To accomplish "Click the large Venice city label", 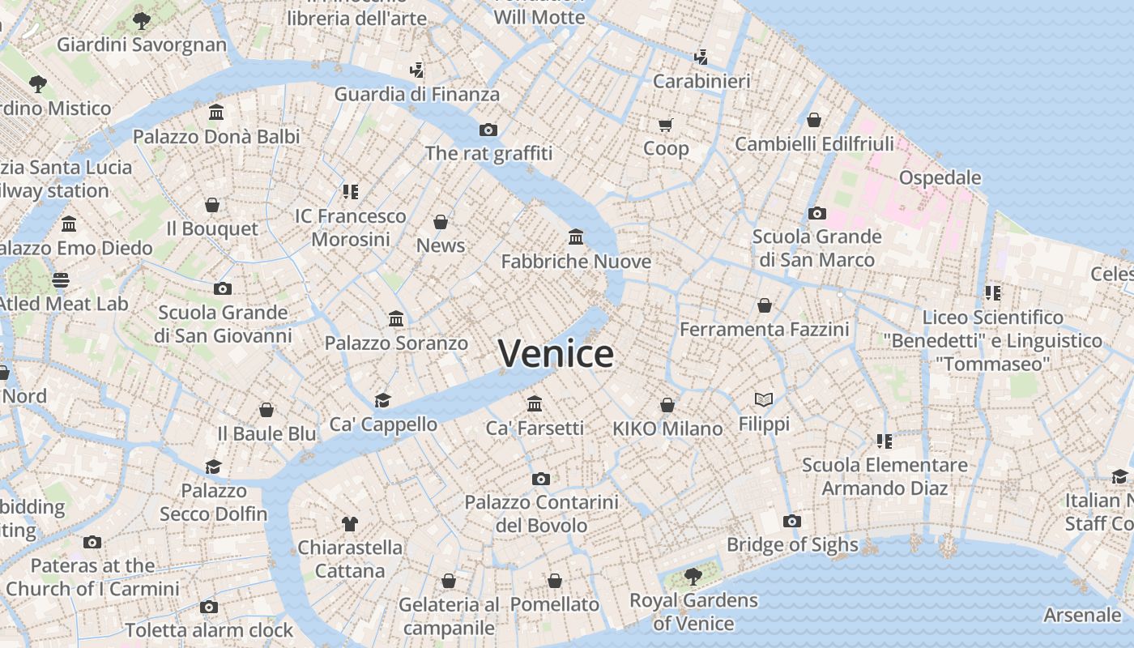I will point(556,354).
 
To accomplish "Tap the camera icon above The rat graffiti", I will point(488,130).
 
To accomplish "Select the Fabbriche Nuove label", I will point(576,262).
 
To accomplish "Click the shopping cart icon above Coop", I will point(666,125).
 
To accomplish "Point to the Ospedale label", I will point(940,177).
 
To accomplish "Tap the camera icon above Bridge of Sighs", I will point(792,521).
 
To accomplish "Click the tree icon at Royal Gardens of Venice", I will point(693,576).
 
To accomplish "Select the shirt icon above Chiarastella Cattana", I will point(350,523).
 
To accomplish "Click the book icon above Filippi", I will point(764,399).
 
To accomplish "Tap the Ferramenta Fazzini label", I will point(764,330).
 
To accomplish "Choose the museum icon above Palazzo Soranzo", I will point(396,319).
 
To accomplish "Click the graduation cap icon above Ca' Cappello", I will point(382,400).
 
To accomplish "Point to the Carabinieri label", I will point(701,81).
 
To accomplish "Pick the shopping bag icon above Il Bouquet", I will point(212,205).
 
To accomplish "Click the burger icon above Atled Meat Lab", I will point(62,280).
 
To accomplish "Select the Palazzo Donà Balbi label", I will point(216,136).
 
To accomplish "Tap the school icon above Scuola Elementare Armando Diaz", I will point(885,441).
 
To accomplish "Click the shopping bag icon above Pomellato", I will point(555,581).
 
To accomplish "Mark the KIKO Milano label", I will point(667,428).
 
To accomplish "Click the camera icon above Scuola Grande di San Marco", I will point(816,213).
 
